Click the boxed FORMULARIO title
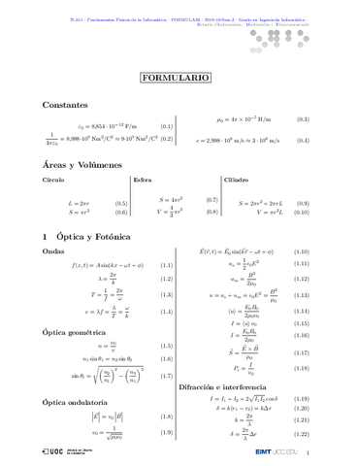click(180, 76)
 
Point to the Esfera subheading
click(142, 181)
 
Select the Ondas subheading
click(53, 251)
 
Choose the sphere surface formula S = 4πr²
click(171, 200)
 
